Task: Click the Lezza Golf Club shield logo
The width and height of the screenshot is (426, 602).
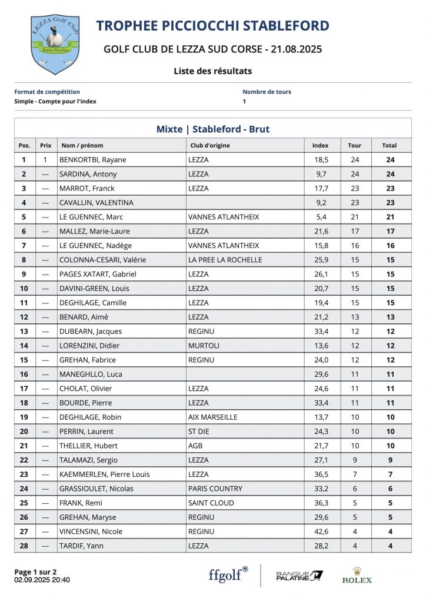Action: [x=55, y=45]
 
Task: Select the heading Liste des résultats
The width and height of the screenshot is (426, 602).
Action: [x=212, y=71]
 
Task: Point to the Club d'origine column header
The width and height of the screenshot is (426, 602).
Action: [x=210, y=145]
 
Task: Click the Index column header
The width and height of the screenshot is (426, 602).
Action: [x=320, y=145]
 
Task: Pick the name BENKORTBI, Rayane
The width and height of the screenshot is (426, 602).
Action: [x=93, y=160]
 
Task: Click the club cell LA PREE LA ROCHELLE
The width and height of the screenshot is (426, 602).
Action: [x=225, y=260]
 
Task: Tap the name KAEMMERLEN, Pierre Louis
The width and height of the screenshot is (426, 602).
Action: [x=104, y=474]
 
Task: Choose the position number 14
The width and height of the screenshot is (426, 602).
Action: [x=24, y=346]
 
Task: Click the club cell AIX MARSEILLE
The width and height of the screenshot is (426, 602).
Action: [x=212, y=417]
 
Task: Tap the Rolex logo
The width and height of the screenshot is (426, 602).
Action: [x=357, y=576]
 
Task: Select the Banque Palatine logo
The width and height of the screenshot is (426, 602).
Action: [x=299, y=575]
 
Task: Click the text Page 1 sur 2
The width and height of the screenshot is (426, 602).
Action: [x=35, y=571]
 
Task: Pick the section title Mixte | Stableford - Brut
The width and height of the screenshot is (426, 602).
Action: [x=212, y=129]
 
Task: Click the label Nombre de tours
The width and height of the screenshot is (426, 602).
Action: [x=267, y=92]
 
